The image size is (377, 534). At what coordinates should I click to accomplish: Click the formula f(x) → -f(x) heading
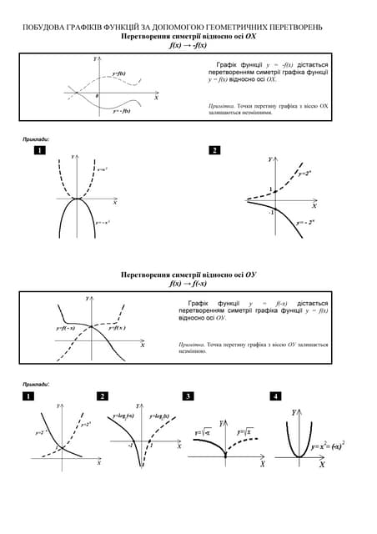click(x=188, y=47)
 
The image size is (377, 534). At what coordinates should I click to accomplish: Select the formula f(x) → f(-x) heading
click(x=188, y=284)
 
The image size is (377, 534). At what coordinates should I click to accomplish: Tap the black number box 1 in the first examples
click(x=39, y=150)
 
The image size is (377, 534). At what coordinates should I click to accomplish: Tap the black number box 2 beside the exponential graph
click(x=214, y=150)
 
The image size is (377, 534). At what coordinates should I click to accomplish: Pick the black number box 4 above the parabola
click(x=276, y=395)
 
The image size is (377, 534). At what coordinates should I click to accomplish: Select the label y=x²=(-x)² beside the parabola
click(x=328, y=446)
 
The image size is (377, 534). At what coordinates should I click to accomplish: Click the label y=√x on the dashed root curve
click(x=245, y=432)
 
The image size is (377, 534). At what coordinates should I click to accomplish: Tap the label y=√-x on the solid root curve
click(x=203, y=433)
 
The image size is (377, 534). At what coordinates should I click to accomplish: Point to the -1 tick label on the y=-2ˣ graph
click(x=270, y=212)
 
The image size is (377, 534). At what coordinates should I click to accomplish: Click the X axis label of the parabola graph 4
click(x=322, y=465)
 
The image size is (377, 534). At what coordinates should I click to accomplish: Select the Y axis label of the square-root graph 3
click(x=220, y=423)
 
